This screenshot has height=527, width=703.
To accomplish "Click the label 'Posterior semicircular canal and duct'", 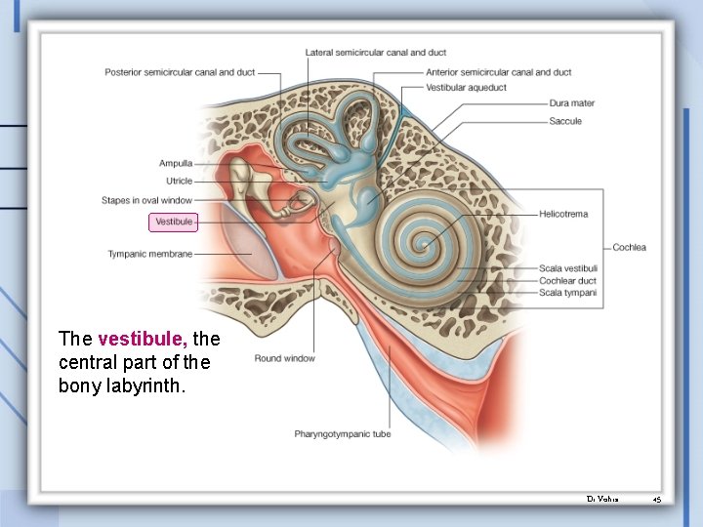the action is coord(181,71).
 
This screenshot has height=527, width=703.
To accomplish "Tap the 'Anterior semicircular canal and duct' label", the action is coord(498,71).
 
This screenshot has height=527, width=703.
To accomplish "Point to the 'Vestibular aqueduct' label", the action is coord(466,87).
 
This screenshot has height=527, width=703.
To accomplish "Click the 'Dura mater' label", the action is coord(571,103).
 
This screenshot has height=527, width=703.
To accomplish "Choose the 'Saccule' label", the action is coord(565,121).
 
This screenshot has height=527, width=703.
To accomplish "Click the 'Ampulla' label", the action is coord(176,164).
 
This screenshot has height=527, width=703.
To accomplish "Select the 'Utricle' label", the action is coord(179,182).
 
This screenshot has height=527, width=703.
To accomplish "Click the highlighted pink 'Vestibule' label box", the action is coord(174,223).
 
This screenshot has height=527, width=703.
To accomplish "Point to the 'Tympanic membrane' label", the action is coord(149,254).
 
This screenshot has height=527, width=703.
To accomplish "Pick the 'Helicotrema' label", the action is coord(563,214).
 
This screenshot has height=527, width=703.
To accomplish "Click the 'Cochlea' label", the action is coord(629,247).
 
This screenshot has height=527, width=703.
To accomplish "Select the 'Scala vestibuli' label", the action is coord(567,268).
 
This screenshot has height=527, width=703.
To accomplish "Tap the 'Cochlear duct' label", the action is coord(567,281).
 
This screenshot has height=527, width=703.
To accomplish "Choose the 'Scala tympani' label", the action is coord(567,293).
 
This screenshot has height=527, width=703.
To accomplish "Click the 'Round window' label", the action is coord(284,358).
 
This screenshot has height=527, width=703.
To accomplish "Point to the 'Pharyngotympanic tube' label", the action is coord(342,433).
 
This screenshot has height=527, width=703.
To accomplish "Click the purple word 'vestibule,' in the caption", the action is coord(143,340).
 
